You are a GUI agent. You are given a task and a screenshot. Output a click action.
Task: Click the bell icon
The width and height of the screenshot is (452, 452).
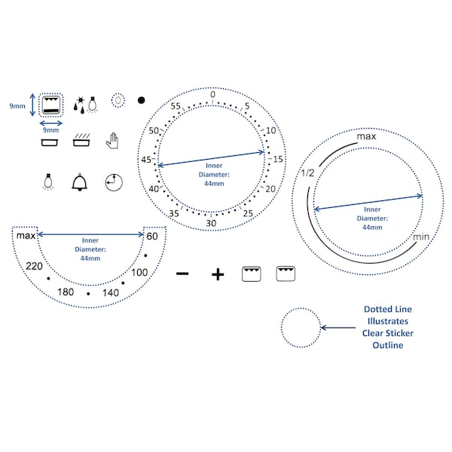79,182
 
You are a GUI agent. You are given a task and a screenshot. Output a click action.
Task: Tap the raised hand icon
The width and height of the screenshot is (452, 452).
112,141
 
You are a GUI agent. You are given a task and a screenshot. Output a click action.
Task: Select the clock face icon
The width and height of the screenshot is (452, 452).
114,182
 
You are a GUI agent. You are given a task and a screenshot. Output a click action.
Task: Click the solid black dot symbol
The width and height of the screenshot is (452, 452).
142,100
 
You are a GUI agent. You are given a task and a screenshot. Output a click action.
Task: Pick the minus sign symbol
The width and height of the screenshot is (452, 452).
182,273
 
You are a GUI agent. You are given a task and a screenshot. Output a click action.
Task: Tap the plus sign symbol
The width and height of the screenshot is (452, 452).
218,274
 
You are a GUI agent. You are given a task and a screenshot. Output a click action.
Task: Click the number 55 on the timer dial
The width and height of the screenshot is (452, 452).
176,106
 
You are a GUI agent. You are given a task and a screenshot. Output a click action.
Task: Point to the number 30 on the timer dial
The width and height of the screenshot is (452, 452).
211,223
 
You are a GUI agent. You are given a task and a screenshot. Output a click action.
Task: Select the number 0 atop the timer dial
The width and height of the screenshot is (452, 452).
212,94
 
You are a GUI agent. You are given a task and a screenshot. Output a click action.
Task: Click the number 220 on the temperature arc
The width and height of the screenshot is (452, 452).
34,266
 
